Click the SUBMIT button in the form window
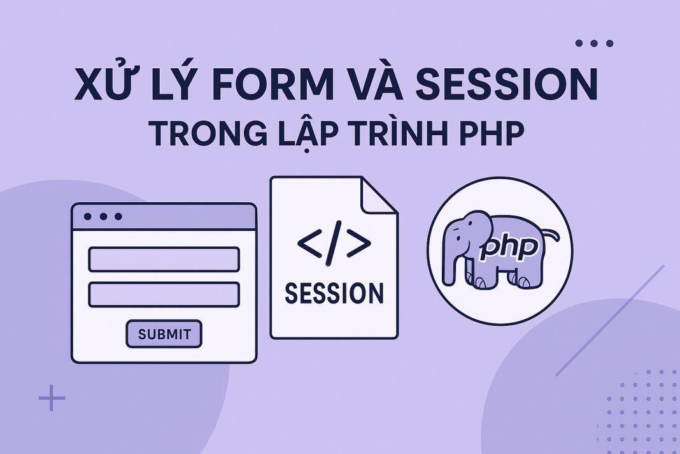[164, 333]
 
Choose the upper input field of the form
[164, 260]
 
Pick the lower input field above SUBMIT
[164, 295]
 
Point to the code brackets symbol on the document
[334, 243]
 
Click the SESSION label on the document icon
[334, 293]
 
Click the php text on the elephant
[509, 248]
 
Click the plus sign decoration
[52, 400]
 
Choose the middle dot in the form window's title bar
[103, 217]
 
